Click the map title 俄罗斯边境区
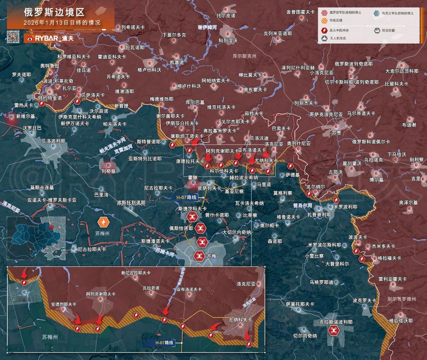[54, 12]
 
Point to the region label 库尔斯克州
[244, 56]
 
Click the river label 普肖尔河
[303, 205]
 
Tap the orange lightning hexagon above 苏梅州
[102, 222]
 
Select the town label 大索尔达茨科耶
[402, 71]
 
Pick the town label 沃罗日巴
[32, 128]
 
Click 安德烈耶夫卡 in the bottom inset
[63, 304]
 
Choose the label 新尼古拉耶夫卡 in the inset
[136, 273]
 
